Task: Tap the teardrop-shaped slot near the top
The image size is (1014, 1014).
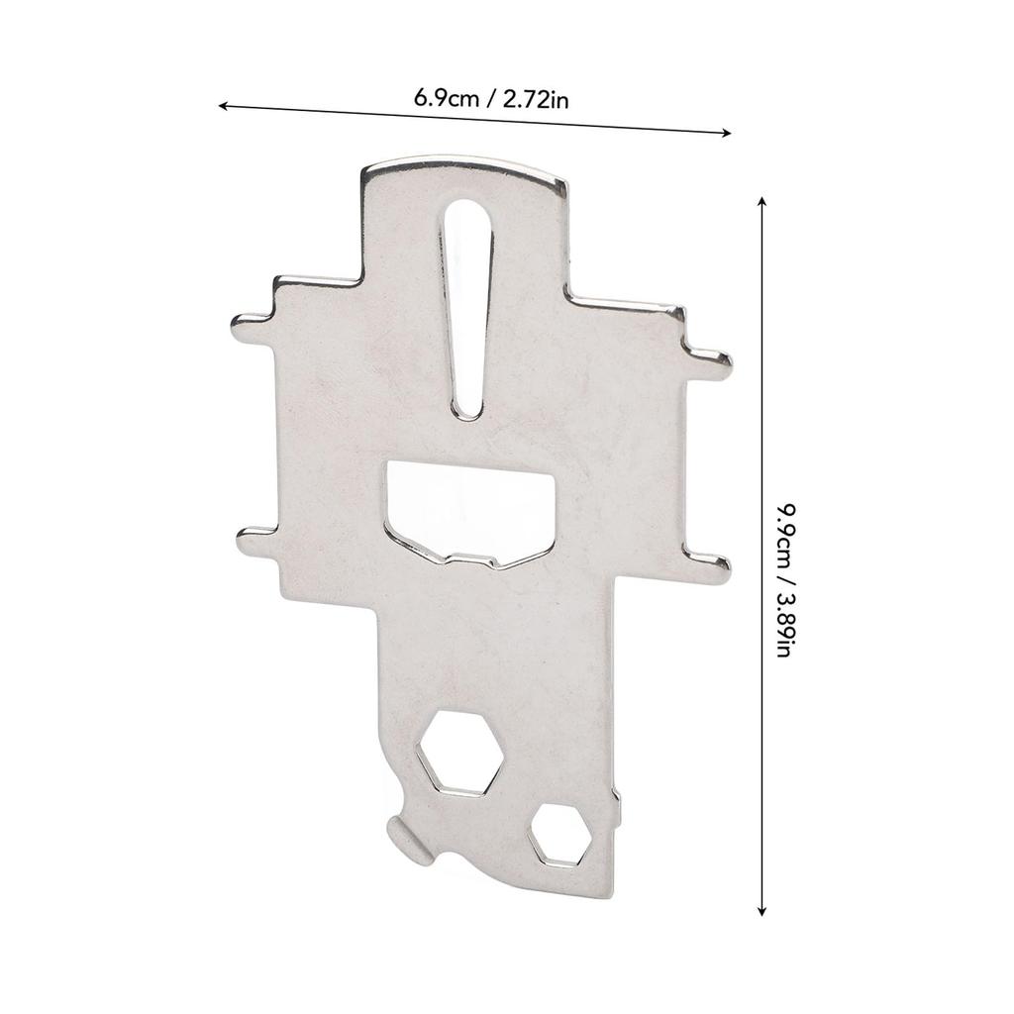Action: coord(467,307)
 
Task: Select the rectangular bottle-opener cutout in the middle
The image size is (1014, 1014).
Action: coord(470,515)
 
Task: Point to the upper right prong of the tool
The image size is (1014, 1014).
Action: coord(709,363)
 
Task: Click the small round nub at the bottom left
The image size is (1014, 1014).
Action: coord(405,839)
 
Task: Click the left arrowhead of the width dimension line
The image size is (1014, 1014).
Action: coord(223,104)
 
